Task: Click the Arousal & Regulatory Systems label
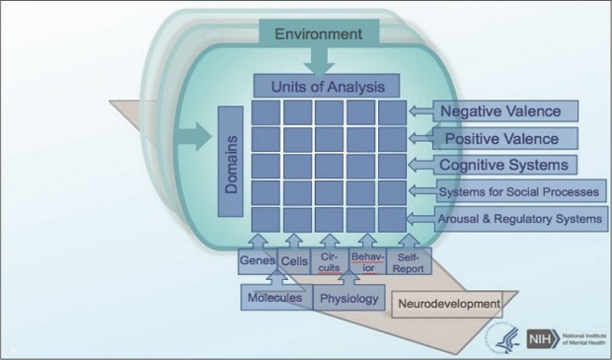521,217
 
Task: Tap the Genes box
255,260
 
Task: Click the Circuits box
330,260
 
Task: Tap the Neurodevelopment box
449,304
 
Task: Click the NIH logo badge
540,337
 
